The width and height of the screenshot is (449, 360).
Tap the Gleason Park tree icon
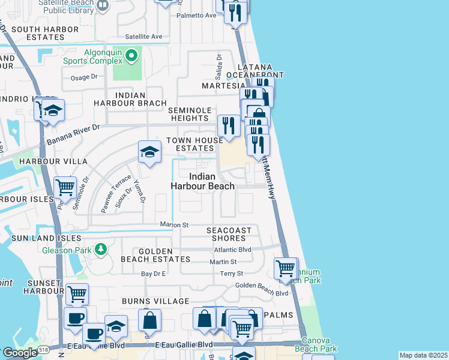tap(101, 248)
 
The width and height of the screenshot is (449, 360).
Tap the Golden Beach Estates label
tap(155, 256)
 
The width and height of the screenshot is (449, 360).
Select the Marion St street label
tap(174, 225)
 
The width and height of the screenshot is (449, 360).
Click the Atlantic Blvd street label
tap(232, 250)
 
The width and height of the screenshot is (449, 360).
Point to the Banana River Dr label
tap(73, 135)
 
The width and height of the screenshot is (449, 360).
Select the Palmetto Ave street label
tap(196, 15)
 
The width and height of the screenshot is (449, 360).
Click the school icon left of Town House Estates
tap(149, 152)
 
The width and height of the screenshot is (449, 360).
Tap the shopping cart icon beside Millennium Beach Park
tap(286, 268)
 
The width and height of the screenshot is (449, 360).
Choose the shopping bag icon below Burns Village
tap(150, 320)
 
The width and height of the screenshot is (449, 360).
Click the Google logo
tap(20, 353)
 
